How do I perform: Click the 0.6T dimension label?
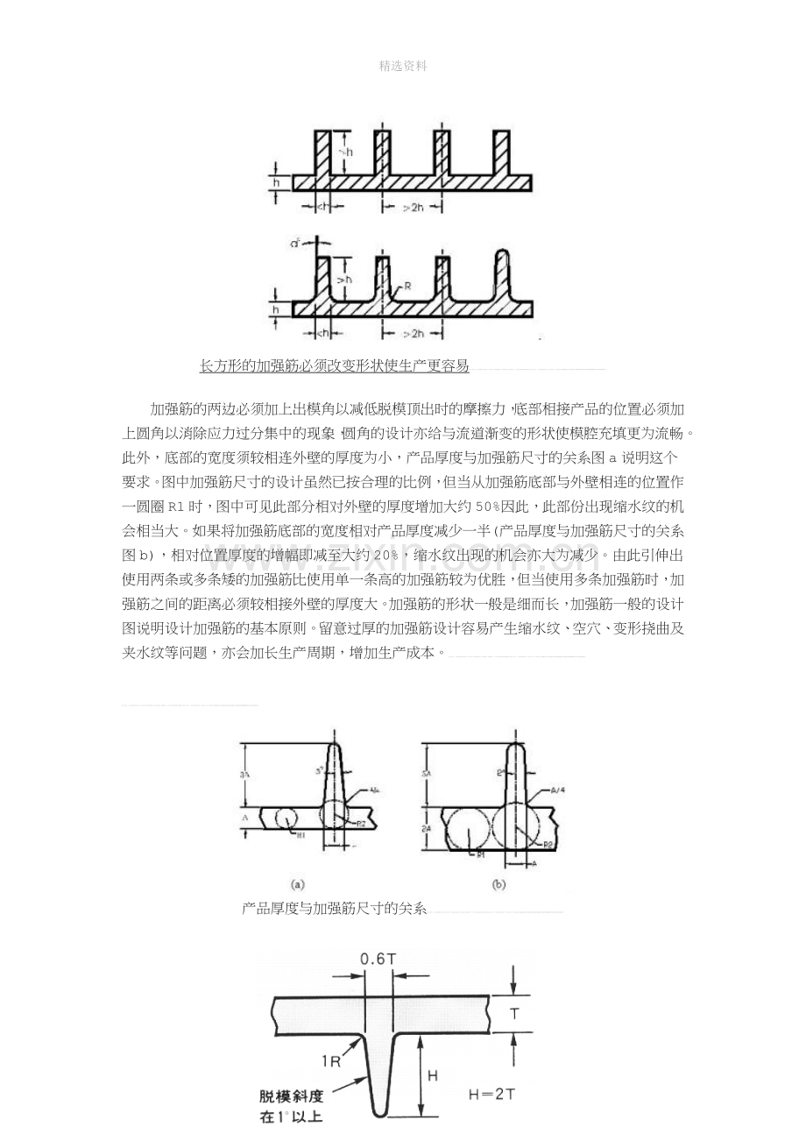[x=378, y=959]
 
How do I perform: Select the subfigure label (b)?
[x=498, y=884]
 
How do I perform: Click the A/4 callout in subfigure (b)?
[x=557, y=790]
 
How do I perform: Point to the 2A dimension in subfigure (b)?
[x=427, y=828]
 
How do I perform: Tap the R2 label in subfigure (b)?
[x=548, y=845]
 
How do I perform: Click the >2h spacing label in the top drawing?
[x=413, y=208]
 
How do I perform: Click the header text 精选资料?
[x=403, y=66]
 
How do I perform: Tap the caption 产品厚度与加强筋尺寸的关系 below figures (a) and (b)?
[x=334, y=909]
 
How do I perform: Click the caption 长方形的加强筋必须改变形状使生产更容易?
[x=334, y=365]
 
